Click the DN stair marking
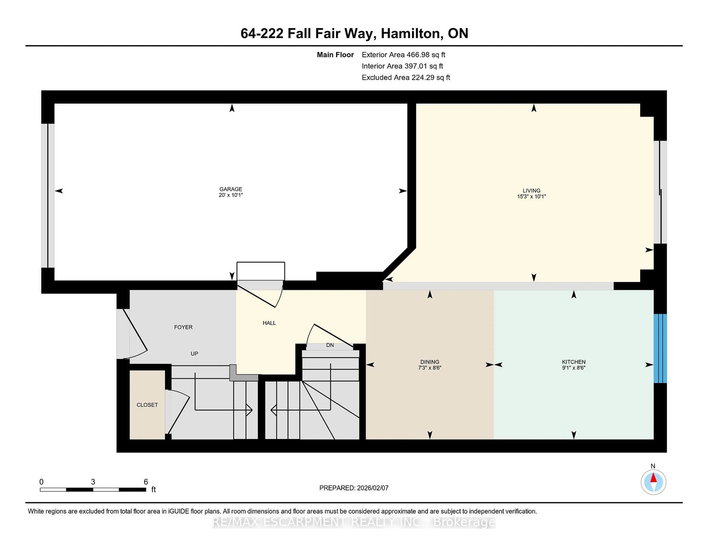tap(330, 345)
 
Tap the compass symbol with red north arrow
tap(653, 482)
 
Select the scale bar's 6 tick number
tap(146, 482)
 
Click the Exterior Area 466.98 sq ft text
tap(403, 55)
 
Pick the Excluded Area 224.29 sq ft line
tap(406, 77)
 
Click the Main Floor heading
tap(335, 55)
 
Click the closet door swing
tap(178, 412)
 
